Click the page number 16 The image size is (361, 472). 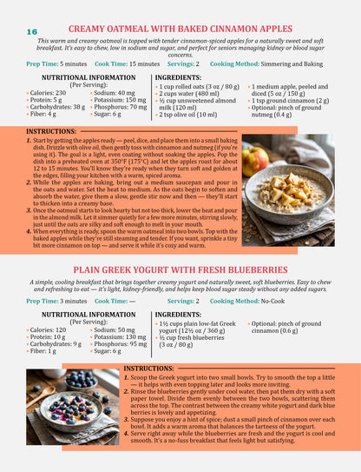click(21, 32)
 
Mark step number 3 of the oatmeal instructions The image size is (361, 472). click(29, 210)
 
